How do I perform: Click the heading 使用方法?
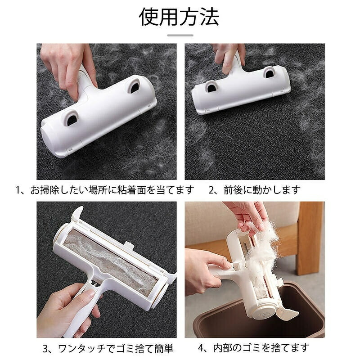(179, 17)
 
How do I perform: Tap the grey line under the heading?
(180, 36)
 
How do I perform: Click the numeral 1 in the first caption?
(18, 190)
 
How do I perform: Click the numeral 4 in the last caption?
(201, 348)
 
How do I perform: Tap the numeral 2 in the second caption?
(211, 190)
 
